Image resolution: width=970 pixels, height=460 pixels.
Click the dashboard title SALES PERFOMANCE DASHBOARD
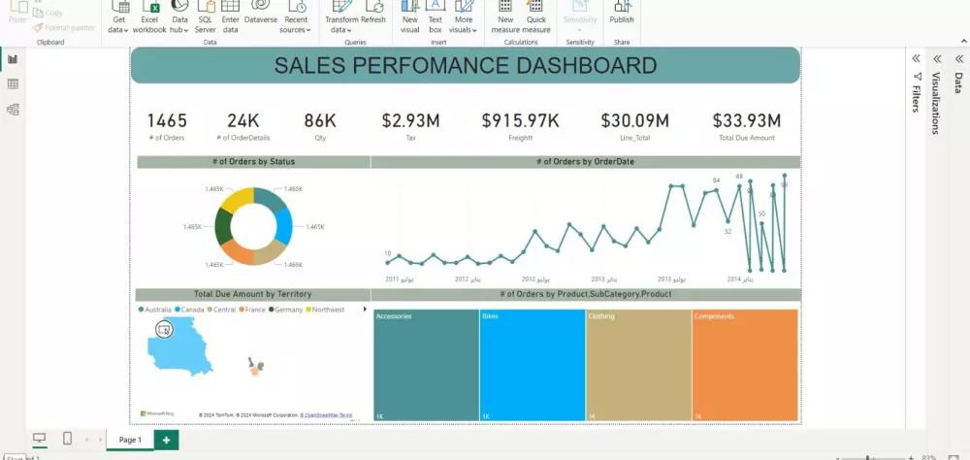point(465,66)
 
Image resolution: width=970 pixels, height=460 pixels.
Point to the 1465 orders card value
point(167,120)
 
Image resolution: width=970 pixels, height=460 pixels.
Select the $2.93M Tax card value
point(410,120)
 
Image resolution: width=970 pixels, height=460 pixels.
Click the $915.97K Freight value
point(520,120)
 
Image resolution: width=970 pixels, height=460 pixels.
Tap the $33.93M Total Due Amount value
point(746,120)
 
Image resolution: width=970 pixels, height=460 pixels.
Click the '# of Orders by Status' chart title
point(253,162)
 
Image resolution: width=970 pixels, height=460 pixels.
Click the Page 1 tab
point(130,440)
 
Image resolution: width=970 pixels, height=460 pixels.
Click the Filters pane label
point(915,98)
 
